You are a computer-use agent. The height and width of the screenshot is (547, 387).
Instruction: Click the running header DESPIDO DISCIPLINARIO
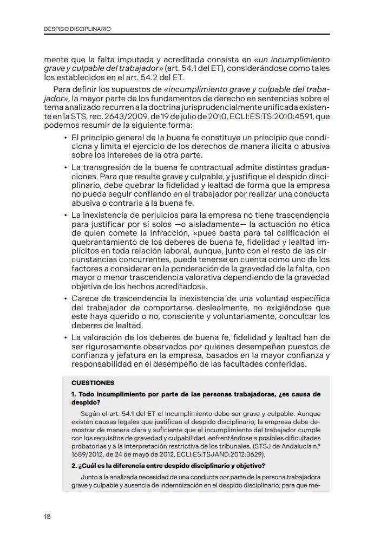(78, 29)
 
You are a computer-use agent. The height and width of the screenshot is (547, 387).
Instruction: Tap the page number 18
(48, 516)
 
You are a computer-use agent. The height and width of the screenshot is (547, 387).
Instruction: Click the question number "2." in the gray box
(74, 466)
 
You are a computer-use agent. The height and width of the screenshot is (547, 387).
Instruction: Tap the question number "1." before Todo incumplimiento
(74, 394)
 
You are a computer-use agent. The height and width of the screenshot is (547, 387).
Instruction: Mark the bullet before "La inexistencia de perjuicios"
(65, 216)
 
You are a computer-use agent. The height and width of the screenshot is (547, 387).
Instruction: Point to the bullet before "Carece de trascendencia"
(65, 299)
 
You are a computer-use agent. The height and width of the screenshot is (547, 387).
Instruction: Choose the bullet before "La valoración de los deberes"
(65, 338)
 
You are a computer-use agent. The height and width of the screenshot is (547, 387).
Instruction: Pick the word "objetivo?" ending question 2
(248, 466)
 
